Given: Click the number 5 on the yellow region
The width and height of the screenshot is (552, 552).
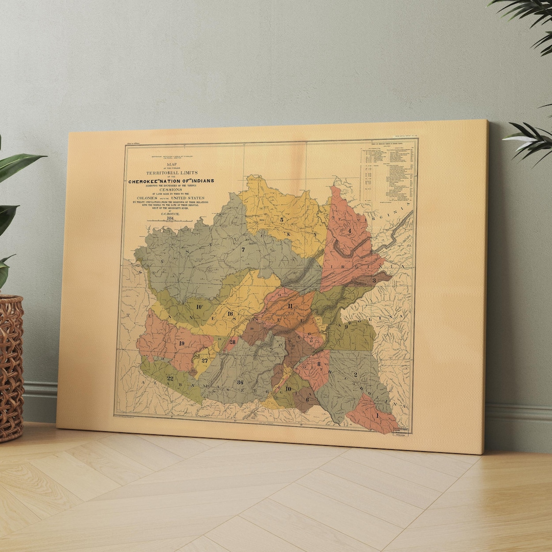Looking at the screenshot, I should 282,220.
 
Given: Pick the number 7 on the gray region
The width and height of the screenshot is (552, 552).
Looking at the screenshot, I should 243,250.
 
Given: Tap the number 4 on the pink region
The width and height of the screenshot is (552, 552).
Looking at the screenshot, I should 350,231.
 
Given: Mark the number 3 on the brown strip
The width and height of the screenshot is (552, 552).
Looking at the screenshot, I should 374,281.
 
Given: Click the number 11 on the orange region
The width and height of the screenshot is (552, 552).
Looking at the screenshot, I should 290,306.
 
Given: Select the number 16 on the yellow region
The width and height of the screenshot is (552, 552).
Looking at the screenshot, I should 231,313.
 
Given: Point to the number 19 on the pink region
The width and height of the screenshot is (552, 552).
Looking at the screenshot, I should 181,343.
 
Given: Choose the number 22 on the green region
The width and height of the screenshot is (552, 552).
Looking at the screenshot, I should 170,378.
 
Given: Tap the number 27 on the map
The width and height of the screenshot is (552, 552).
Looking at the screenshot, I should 204,360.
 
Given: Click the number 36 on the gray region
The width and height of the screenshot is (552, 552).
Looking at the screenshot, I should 240,382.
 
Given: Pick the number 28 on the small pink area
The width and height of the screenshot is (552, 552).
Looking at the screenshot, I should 233,341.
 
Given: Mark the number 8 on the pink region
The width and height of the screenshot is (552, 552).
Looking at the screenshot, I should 319,364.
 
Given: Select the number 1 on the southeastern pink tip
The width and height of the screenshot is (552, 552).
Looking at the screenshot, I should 378,416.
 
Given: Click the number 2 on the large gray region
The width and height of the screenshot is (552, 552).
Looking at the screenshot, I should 355,375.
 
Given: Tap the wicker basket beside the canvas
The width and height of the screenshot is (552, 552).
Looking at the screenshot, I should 10,368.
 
